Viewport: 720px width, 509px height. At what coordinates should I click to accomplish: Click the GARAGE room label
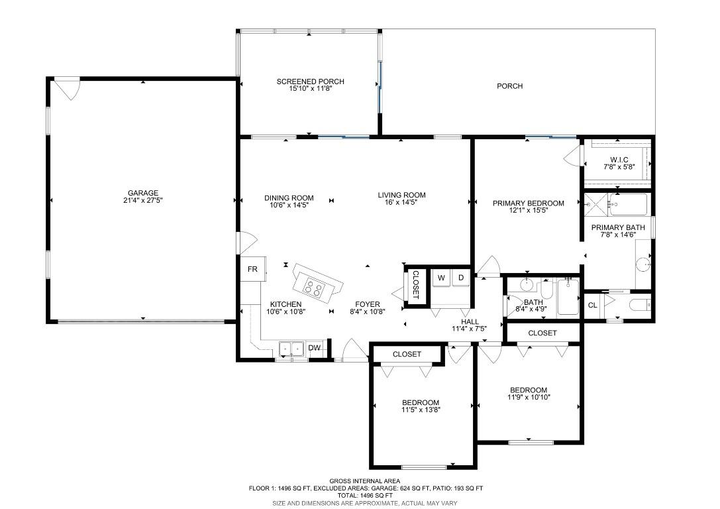click(x=143, y=194)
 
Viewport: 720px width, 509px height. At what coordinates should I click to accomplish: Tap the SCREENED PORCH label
click(x=310, y=82)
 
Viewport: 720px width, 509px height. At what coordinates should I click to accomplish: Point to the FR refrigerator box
click(x=252, y=269)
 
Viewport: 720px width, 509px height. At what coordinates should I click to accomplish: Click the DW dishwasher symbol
click(x=315, y=348)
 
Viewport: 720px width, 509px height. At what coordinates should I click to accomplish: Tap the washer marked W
click(x=440, y=278)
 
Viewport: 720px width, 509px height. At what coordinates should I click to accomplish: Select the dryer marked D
click(x=460, y=278)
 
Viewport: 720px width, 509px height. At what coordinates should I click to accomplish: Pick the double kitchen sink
click(x=291, y=349)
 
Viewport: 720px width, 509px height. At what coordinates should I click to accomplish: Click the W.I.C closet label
click(x=615, y=160)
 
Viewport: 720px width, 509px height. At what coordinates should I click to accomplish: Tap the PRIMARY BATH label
click(x=617, y=227)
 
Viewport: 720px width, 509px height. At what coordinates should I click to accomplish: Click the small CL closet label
click(x=593, y=306)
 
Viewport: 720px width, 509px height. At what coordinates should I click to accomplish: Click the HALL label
click(x=470, y=321)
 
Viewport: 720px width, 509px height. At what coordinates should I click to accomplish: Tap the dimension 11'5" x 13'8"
click(x=421, y=410)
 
